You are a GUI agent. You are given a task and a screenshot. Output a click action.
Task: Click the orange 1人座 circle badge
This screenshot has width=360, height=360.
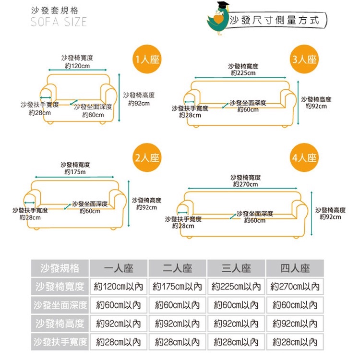click(x=147, y=60)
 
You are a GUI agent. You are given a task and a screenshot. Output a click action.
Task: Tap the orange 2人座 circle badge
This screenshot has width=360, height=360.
click(x=147, y=157)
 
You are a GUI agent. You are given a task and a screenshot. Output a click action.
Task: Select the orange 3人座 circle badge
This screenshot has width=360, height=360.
click(x=304, y=60)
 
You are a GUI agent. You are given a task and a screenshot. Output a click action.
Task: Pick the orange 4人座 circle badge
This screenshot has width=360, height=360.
click(x=304, y=157)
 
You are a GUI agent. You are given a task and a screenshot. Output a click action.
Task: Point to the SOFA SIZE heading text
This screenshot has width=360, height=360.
click(x=59, y=22)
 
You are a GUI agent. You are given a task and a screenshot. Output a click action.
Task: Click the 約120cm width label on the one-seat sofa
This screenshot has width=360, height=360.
click(x=77, y=65)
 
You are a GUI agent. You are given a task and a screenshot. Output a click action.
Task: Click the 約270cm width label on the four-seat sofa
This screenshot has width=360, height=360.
click(x=245, y=184)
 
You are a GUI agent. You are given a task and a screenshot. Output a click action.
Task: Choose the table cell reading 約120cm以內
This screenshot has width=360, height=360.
click(x=119, y=287)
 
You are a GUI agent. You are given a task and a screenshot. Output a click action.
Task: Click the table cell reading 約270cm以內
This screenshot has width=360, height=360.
click(x=295, y=287)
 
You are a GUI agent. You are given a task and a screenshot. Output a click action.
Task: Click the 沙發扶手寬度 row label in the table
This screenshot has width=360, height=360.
click(x=60, y=342)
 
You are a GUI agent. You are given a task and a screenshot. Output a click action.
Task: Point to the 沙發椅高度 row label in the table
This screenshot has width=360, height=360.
click(x=60, y=324)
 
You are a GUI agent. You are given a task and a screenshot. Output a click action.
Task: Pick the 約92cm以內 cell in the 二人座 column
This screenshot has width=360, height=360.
click(x=177, y=324)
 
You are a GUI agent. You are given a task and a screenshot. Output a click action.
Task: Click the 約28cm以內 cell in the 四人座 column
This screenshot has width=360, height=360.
click(x=295, y=342)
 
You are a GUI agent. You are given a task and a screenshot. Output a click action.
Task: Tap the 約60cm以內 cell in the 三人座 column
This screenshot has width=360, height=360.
click(x=236, y=305)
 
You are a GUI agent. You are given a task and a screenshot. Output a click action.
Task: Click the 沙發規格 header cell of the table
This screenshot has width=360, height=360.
click(x=60, y=268)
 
